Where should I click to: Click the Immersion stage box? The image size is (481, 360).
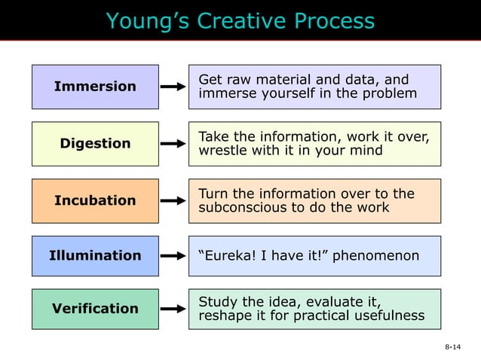click(x=95, y=87)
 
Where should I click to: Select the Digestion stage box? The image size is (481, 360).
click(x=95, y=143)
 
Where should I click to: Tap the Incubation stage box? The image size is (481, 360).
click(x=95, y=200)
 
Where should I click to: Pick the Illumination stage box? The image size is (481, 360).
click(x=95, y=256)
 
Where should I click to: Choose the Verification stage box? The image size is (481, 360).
click(x=95, y=309)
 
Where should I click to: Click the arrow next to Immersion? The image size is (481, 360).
click(x=173, y=87)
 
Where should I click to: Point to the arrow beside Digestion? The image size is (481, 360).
click(x=173, y=143)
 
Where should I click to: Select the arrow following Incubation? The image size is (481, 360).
click(x=173, y=200)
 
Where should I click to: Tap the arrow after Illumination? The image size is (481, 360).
click(x=173, y=256)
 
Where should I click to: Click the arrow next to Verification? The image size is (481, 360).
click(x=173, y=309)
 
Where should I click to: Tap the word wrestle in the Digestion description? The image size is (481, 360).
click(x=220, y=151)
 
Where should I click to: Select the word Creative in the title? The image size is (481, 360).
click(x=240, y=21)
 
